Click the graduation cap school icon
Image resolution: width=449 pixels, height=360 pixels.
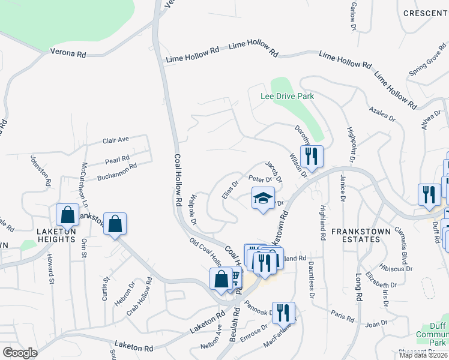(x=263, y=199)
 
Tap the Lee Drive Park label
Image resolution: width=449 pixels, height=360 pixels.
(x=288, y=96)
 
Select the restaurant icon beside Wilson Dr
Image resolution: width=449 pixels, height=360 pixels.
(x=312, y=157)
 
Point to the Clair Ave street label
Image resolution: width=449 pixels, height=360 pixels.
(x=116, y=140)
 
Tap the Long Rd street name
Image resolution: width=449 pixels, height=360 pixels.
(x=359, y=288)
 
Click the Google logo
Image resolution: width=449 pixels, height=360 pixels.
(x=20, y=353)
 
